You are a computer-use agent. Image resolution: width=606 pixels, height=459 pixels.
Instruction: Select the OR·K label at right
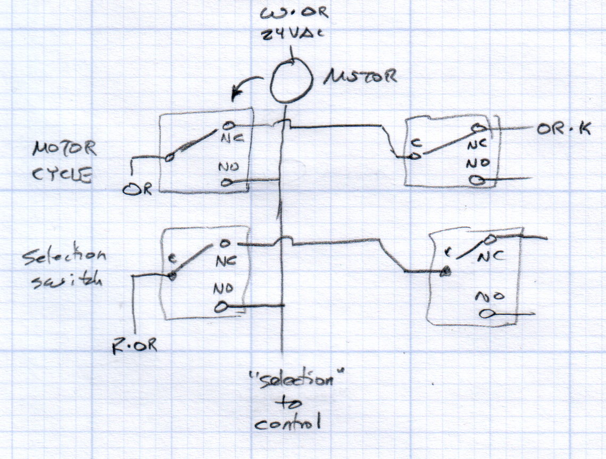point(565,129)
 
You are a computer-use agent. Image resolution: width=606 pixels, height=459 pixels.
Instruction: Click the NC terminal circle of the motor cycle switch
point(227,126)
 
